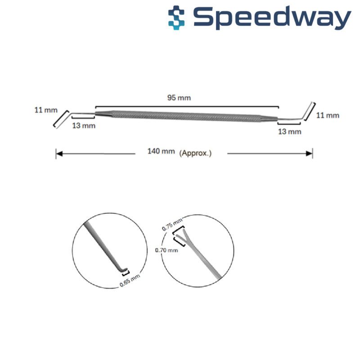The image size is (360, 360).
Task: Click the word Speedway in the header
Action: (x=273, y=18)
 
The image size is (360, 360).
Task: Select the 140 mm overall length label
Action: (x=161, y=152)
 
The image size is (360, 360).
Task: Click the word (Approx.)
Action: (x=195, y=153)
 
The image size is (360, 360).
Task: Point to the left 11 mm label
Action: (x=44, y=110)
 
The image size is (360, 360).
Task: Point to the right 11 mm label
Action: (x=327, y=115)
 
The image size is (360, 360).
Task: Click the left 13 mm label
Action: (x=84, y=126)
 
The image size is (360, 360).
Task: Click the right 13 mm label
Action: (x=289, y=131)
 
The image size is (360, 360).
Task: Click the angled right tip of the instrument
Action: (x=308, y=111)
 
